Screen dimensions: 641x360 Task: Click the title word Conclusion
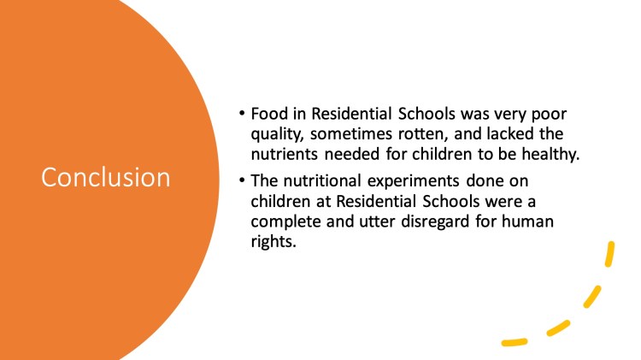coord(105,177)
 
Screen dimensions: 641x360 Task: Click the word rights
coord(273,241)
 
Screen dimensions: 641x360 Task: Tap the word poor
coord(549,114)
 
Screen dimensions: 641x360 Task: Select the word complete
coord(285,221)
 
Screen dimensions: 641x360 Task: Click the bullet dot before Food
coord(242,112)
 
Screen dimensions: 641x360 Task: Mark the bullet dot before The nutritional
coord(242,180)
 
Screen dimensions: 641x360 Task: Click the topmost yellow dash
coord(610,254)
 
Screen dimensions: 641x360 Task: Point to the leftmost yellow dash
coord(515,342)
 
